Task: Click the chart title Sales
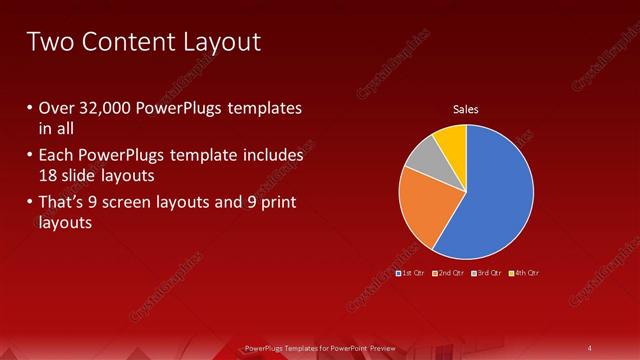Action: pos(466,108)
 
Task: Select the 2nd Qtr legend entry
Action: pos(447,272)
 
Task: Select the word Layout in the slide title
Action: pos(224,42)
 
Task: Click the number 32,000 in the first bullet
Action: pos(106,108)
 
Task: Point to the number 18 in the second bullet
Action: pos(47,175)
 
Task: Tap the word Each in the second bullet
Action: pos(57,156)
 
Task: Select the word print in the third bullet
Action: pos(276,203)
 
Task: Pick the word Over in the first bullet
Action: pos(56,108)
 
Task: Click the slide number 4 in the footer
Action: pos(590,347)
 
